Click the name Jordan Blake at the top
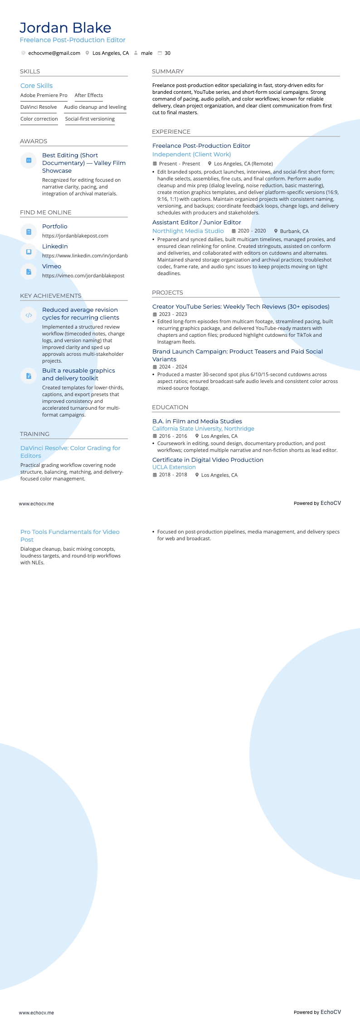pyautogui.click(x=65, y=28)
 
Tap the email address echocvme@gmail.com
pyautogui.click(x=54, y=53)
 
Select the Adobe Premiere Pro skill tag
pyautogui.click(x=44, y=95)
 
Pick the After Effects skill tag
pyautogui.click(x=88, y=95)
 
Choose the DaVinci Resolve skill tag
pyautogui.click(x=39, y=107)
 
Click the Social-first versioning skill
pyautogui.click(x=90, y=119)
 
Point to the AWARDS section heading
pyautogui.click(x=34, y=141)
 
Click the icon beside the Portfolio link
pyautogui.click(x=29, y=232)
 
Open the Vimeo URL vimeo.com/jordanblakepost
pyautogui.click(x=83, y=276)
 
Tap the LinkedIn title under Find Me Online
pyautogui.click(x=55, y=246)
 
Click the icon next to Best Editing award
pyautogui.click(x=29, y=160)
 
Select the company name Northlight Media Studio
pyautogui.click(x=188, y=231)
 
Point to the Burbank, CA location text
pyautogui.click(x=294, y=231)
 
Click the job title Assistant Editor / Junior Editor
pyautogui.click(x=196, y=222)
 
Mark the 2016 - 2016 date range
pyautogui.click(x=173, y=436)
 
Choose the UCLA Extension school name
pyautogui.click(x=174, y=467)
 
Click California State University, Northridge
pyautogui.click(x=203, y=428)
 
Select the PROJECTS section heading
pyautogui.click(x=167, y=293)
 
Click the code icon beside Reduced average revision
pyautogui.click(x=29, y=315)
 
